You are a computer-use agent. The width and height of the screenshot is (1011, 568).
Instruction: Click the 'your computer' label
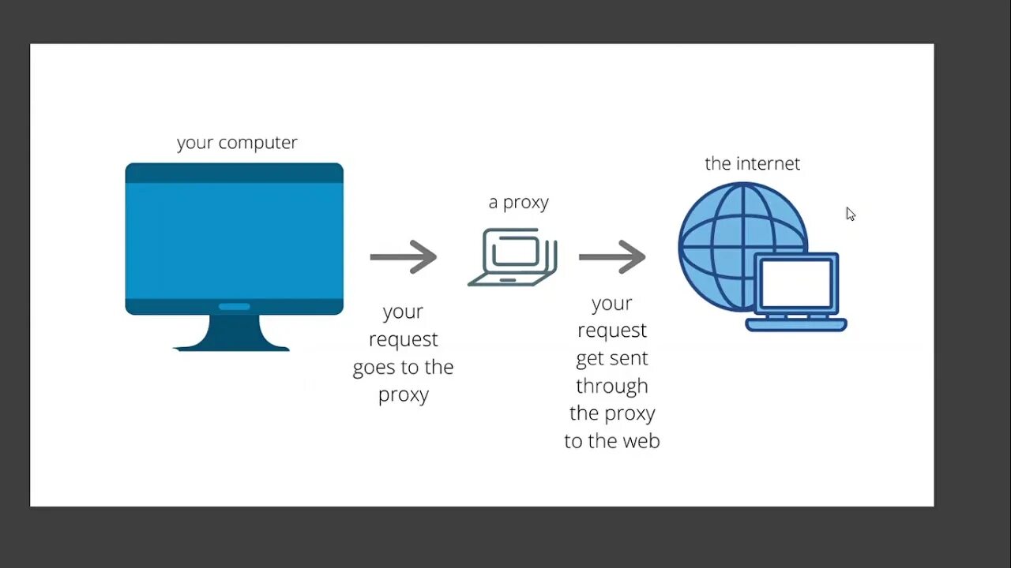click(x=237, y=143)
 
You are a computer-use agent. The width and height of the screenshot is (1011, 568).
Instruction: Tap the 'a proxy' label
click(x=518, y=203)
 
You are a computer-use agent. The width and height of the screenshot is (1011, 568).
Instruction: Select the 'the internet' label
click(x=752, y=163)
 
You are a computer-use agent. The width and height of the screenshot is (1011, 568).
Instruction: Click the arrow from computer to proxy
click(x=404, y=256)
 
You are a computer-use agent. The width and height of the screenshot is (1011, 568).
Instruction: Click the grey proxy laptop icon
click(x=513, y=257)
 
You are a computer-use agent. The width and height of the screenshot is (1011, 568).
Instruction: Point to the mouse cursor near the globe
click(x=850, y=214)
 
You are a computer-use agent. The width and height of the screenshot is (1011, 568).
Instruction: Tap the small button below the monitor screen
click(x=234, y=307)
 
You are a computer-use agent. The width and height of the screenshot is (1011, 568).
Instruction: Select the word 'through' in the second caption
click(x=611, y=386)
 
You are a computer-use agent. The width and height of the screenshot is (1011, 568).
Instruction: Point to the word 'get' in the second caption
click(x=589, y=359)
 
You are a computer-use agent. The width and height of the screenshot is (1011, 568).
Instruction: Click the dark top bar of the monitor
click(x=234, y=173)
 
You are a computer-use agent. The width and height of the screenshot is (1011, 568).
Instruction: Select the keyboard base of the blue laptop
click(x=796, y=324)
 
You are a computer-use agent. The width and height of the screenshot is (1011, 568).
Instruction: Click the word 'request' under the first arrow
click(x=403, y=340)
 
